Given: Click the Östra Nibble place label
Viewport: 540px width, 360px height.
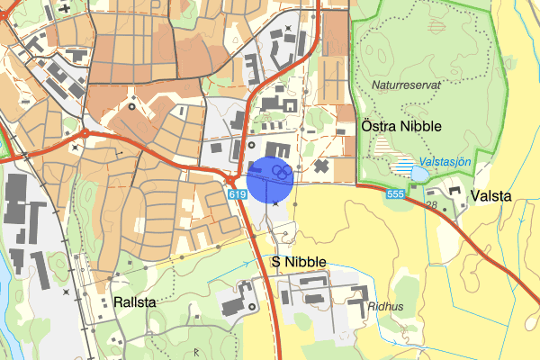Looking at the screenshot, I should coord(400,126).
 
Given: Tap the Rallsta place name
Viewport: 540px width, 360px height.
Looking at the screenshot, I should coord(135,302).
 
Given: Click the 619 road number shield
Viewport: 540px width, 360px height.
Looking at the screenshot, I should coord(237,194).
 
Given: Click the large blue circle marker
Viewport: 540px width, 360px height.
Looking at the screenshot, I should coord(271,179).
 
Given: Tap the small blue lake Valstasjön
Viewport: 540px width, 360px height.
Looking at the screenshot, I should coord(419,173).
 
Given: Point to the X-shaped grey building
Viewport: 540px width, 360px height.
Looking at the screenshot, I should coord(321,166).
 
